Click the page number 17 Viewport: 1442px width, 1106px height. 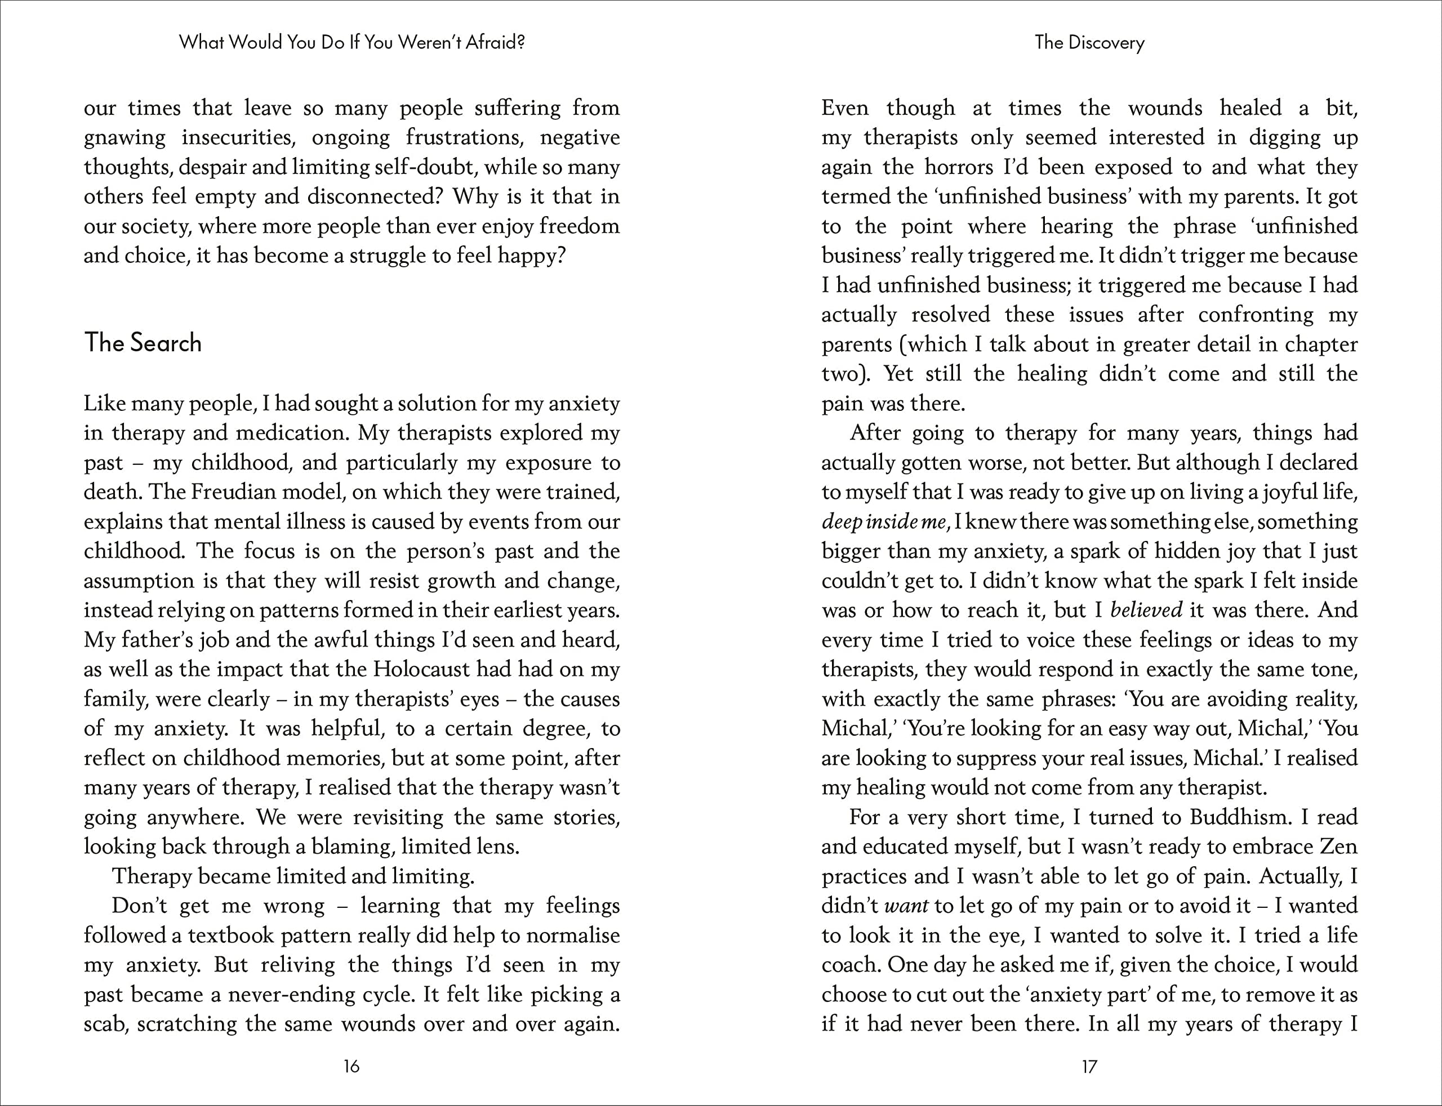1089,1067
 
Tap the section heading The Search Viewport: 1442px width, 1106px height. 143,343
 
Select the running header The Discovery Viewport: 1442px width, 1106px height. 1089,43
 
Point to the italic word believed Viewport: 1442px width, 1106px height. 1146,610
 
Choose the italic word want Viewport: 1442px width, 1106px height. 906,906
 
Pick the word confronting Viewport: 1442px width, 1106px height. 1256,315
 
